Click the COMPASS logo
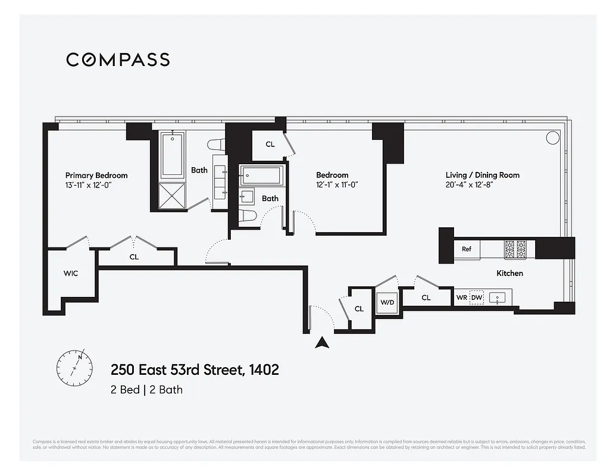pos(118,59)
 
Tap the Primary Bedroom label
pos(96,176)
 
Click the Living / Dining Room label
pos(482,175)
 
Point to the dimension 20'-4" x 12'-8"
pos(470,184)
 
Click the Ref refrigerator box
pos(467,249)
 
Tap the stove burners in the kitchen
pos(515,249)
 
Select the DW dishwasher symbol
pos(477,297)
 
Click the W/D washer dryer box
pos(387,302)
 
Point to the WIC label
pos(71,274)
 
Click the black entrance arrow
pos(322,342)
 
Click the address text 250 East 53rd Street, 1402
pos(195,369)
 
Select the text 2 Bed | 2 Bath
pos(146,390)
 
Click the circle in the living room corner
pos(552,138)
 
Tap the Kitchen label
pos(509,273)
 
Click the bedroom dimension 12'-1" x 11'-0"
pos(336,184)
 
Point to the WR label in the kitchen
pos(461,297)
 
